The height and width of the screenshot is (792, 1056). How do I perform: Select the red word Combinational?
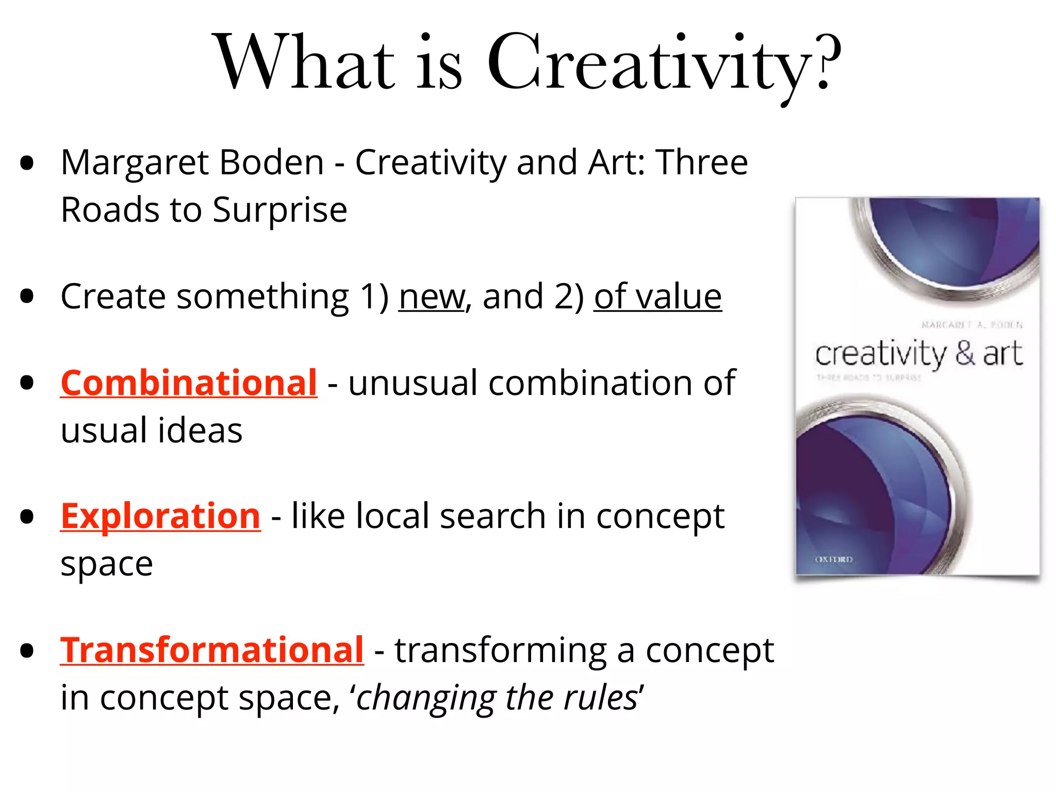click(x=189, y=383)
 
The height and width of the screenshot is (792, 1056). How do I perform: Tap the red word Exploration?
click(x=160, y=516)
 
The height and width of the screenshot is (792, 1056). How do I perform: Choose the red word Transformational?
click(x=212, y=650)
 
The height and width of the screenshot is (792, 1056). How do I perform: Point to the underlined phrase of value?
click(x=657, y=297)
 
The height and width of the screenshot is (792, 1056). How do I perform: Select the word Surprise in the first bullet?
click(x=280, y=210)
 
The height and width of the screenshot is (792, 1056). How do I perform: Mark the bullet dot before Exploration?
click(x=27, y=517)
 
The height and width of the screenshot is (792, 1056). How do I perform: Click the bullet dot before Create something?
click(x=27, y=296)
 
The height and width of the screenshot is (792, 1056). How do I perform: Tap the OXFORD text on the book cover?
click(x=834, y=559)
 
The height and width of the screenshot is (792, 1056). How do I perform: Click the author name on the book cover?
click(x=971, y=325)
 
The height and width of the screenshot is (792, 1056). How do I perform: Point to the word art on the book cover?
click(x=1002, y=354)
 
